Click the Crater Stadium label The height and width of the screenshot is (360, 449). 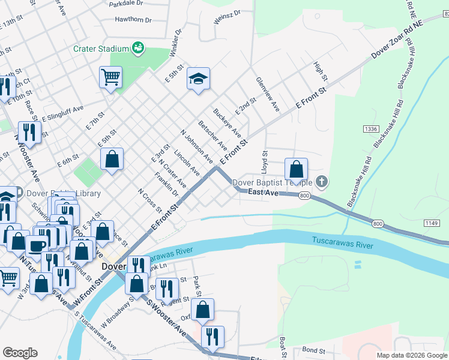(101, 49)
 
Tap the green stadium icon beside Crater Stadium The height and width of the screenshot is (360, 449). (137, 47)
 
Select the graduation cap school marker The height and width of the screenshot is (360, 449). (198, 79)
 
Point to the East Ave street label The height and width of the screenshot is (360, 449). (264, 193)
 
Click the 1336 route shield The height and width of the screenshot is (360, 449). (370, 129)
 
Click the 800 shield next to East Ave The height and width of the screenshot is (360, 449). (304, 196)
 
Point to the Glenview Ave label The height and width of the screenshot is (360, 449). (268, 94)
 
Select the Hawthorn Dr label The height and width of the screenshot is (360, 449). (134, 19)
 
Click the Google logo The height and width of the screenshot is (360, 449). (20, 353)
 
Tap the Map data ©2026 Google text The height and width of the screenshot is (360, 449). (411, 355)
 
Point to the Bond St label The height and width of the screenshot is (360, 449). (313, 349)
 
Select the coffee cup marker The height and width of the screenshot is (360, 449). (37, 245)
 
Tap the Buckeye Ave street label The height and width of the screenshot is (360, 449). (227, 122)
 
